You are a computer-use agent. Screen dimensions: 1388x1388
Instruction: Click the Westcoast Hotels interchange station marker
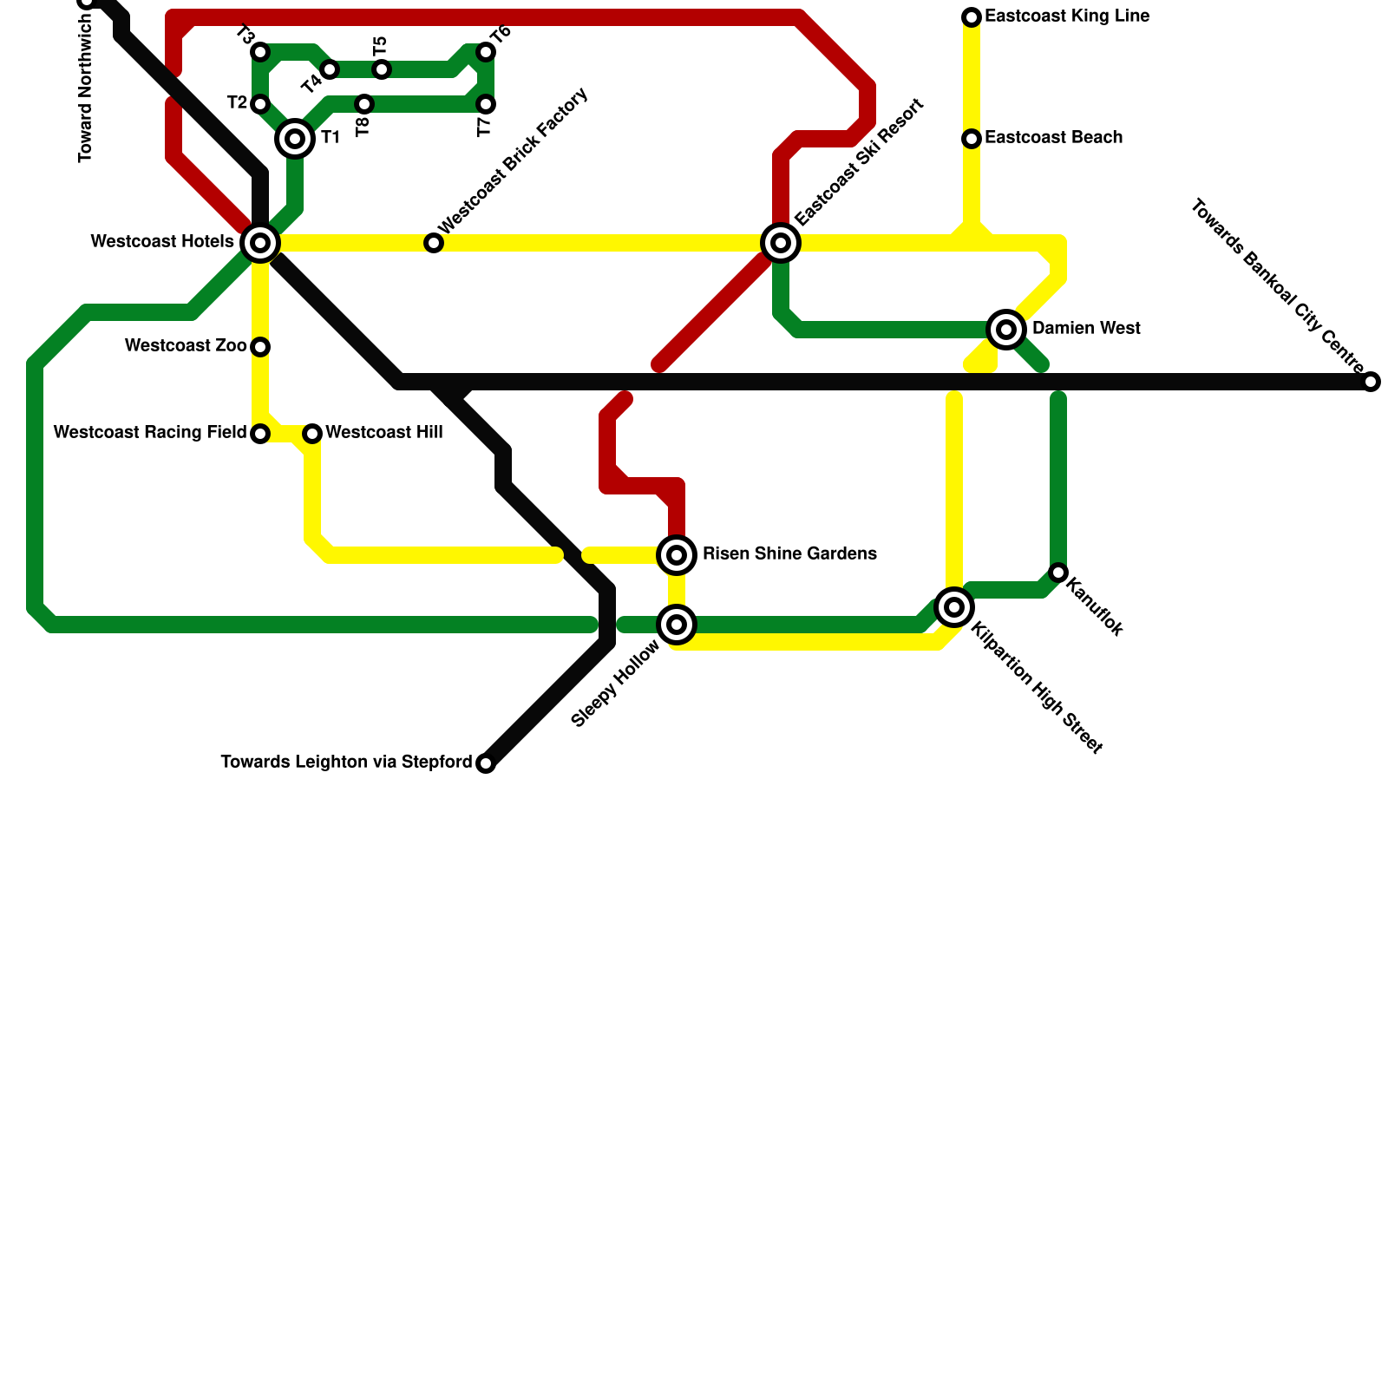(260, 243)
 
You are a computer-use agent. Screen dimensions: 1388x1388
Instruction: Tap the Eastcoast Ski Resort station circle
(781, 243)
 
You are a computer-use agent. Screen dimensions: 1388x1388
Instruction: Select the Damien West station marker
(1006, 330)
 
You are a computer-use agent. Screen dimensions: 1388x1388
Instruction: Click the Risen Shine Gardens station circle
(677, 555)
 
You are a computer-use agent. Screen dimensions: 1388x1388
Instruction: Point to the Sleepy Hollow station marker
(677, 625)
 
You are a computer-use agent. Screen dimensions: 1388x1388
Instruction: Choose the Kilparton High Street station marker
(954, 607)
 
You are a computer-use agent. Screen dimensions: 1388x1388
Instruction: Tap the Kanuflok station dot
(1058, 573)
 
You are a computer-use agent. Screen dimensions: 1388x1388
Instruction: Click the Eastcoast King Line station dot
(972, 17)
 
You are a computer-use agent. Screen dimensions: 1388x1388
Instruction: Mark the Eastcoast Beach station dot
(972, 139)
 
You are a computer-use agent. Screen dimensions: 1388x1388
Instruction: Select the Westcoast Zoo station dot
(260, 347)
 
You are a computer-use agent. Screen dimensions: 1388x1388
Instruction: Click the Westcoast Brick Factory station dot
(434, 243)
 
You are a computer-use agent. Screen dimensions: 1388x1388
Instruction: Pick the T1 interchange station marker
(295, 139)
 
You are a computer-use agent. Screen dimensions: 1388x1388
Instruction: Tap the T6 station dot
(486, 52)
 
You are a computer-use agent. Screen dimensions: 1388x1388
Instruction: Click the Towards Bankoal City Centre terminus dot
(1371, 382)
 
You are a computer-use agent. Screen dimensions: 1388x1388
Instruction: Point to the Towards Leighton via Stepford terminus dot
(486, 763)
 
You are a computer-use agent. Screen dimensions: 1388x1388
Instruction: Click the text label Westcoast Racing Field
(150, 433)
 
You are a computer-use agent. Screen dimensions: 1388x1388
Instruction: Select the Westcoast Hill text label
(384, 433)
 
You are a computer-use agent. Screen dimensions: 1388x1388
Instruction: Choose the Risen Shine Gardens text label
(789, 554)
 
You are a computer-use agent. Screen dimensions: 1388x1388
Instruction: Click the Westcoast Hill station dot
(312, 434)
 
